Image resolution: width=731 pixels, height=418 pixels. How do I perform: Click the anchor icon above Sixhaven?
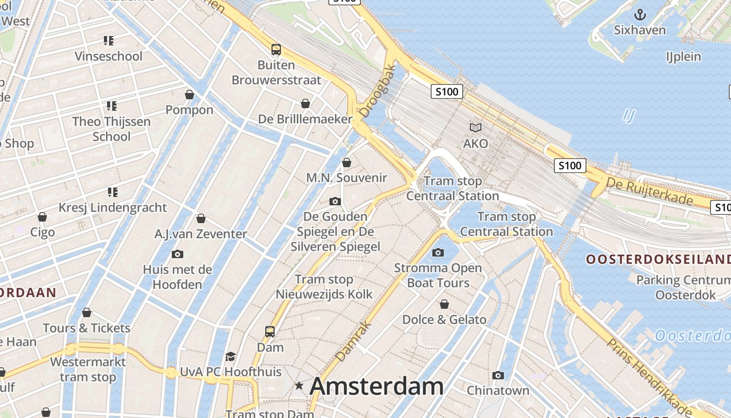tap(640, 14)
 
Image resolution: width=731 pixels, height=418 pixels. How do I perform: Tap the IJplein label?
tap(683, 56)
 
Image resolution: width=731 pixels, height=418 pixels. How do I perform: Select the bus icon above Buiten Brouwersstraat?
tap(276, 50)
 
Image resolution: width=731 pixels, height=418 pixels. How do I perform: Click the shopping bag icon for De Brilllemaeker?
tap(305, 103)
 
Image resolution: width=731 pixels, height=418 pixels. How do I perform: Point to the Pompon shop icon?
tap(190, 95)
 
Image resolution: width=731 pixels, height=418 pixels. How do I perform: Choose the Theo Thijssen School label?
tap(111, 129)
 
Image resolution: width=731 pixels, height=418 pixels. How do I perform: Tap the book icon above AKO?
tap(475, 127)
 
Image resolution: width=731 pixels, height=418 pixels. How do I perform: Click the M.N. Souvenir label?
tap(347, 178)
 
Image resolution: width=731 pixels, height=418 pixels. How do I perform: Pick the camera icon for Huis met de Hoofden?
tap(178, 254)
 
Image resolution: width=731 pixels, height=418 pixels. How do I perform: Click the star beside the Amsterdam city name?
tap(299, 386)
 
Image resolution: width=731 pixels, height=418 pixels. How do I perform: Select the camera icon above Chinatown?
tap(498, 375)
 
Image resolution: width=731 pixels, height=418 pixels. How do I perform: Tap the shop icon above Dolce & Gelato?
tap(444, 304)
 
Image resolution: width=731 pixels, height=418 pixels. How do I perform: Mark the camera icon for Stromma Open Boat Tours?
tap(438, 253)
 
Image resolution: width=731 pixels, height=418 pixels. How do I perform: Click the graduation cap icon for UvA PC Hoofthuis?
tap(230, 356)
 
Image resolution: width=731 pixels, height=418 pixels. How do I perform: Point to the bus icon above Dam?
tap(270, 331)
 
